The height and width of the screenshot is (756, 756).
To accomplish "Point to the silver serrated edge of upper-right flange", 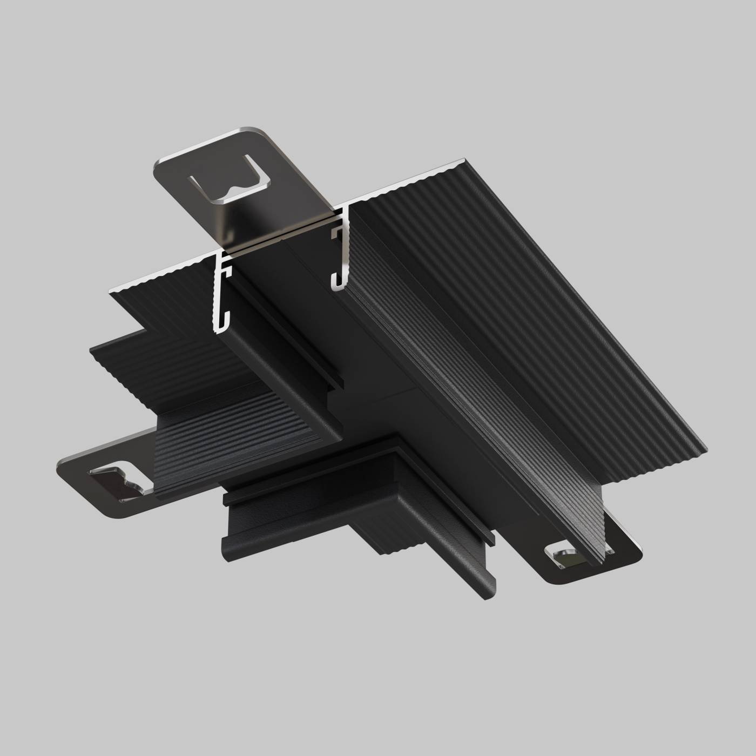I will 410,181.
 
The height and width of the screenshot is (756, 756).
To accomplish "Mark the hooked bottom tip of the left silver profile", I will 219,327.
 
